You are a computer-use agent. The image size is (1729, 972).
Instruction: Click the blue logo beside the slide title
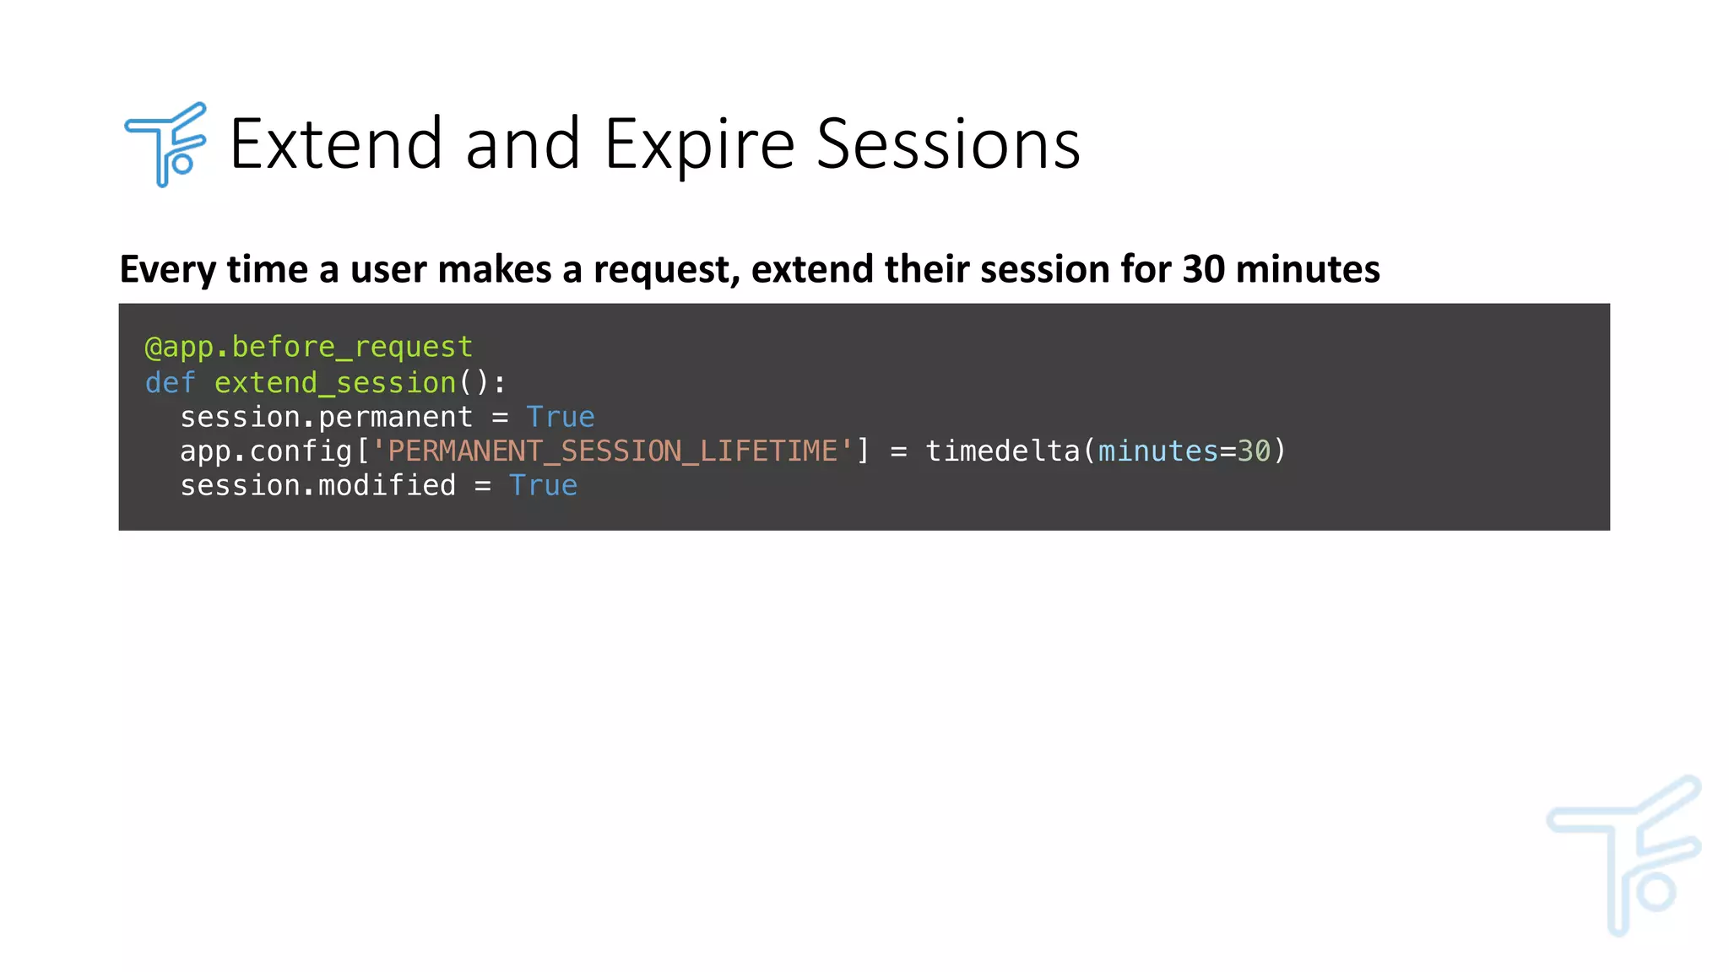point(165,144)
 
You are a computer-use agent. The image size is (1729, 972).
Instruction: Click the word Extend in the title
point(336,144)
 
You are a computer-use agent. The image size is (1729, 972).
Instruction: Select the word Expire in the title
point(699,144)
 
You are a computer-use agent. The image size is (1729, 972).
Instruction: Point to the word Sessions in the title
point(948,144)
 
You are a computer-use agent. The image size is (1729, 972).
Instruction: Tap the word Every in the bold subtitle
point(168,269)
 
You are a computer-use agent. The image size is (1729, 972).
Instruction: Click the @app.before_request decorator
point(308,347)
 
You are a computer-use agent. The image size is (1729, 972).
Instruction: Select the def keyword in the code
point(170,382)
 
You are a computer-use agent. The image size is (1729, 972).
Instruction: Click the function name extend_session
point(334,382)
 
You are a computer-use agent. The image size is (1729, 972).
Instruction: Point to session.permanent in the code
point(326,417)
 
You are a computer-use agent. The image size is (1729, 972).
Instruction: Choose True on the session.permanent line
point(560,417)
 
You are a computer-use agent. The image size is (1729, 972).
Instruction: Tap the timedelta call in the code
point(1002,451)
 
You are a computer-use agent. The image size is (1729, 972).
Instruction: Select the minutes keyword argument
point(1157,451)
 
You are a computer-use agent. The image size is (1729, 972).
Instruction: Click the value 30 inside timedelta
point(1254,451)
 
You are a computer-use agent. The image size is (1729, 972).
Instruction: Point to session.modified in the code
point(317,486)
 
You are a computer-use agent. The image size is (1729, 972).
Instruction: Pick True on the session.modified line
point(543,486)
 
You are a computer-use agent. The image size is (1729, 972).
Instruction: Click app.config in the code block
point(265,451)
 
